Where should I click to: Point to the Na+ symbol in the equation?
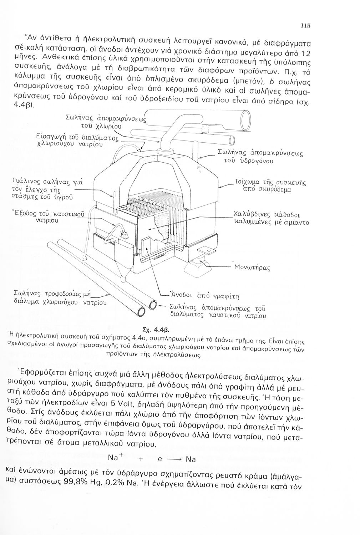point(116,457)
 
